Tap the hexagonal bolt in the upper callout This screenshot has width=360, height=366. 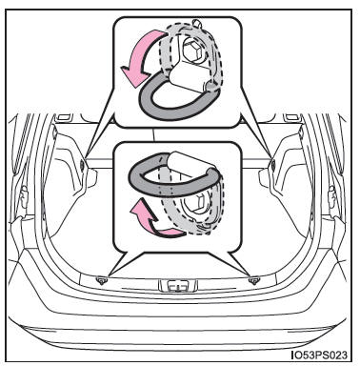click(x=192, y=51)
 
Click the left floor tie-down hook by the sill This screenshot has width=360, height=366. click(x=102, y=279)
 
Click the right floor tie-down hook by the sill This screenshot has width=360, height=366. click(x=254, y=280)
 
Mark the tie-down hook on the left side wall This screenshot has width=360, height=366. click(x=82, y=165)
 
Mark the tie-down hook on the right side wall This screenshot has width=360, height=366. click(x=273, y=164)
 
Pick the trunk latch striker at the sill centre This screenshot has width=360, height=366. click(x=178, y=286)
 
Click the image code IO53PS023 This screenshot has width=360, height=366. click(x=319, y=355)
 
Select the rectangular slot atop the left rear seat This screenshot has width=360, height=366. click(x=64, y=117)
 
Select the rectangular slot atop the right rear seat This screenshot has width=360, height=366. click(x=292, y=117)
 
